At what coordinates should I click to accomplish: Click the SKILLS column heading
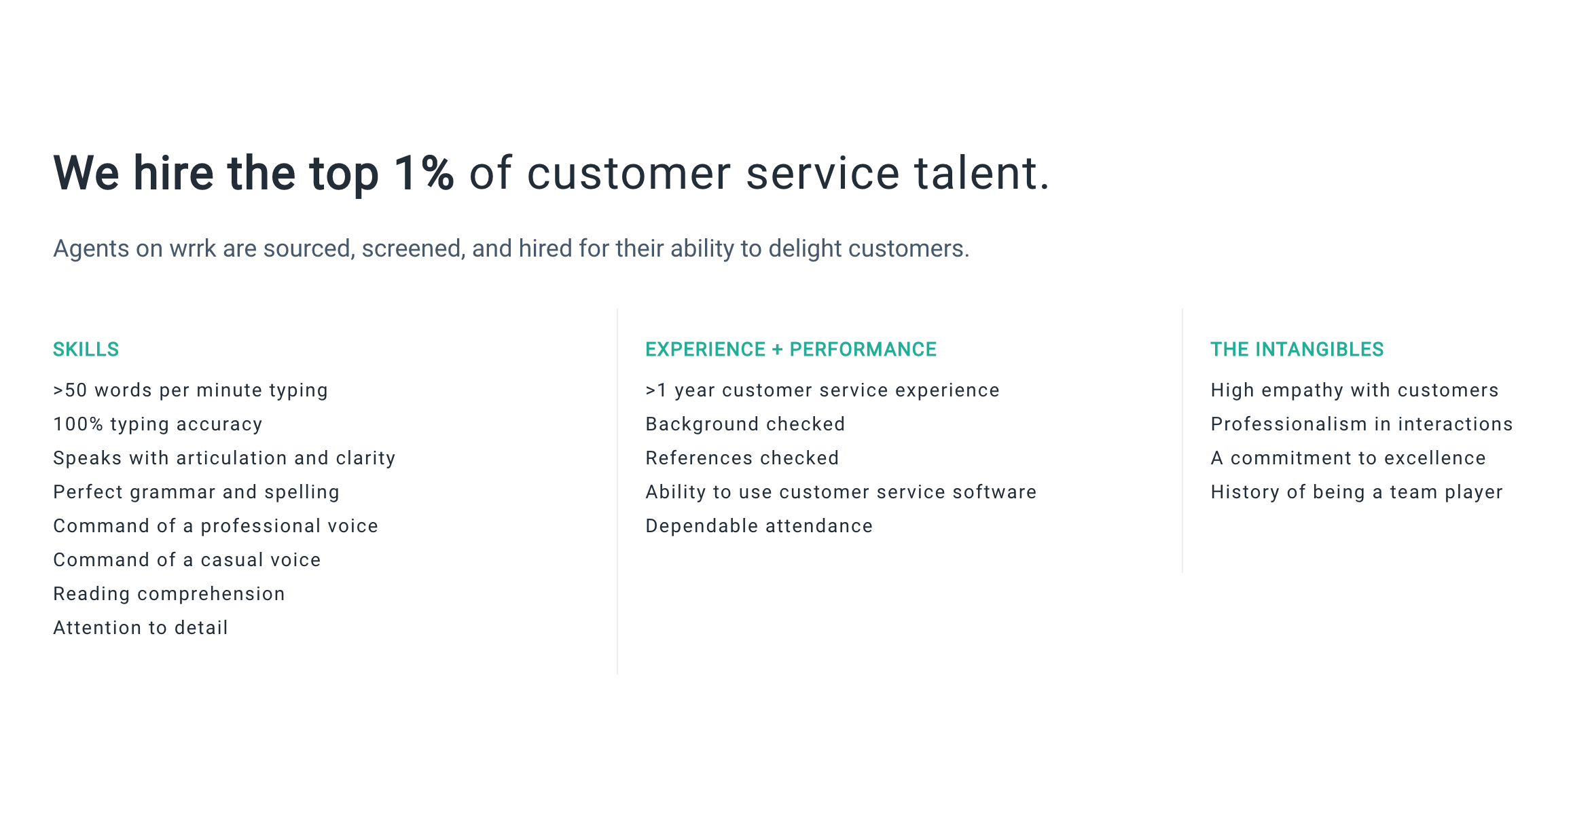(x=86, y=350)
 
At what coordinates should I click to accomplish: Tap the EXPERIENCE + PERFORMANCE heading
(x=791, y=350)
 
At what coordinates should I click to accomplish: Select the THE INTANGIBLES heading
(x=1297, y=350)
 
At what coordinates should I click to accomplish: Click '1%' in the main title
(x=424, y=172)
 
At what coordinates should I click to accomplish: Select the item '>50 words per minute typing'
(x=190, y=390)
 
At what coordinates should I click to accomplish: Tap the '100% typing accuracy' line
(x=158, y=424)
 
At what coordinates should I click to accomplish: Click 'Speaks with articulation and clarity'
(x=224, y=458)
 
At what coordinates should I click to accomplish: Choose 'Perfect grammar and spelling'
(x=196, y=492)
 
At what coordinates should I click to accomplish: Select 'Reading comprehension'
(x=169, y=594)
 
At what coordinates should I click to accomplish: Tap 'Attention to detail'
(x=141, y=628)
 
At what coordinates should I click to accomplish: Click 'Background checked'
(x=745, y=424)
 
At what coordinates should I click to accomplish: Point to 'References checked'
(x=742, y=458)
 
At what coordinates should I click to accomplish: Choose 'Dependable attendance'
(x=759, y=526)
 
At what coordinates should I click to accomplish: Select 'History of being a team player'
(x=1356, y=492)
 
